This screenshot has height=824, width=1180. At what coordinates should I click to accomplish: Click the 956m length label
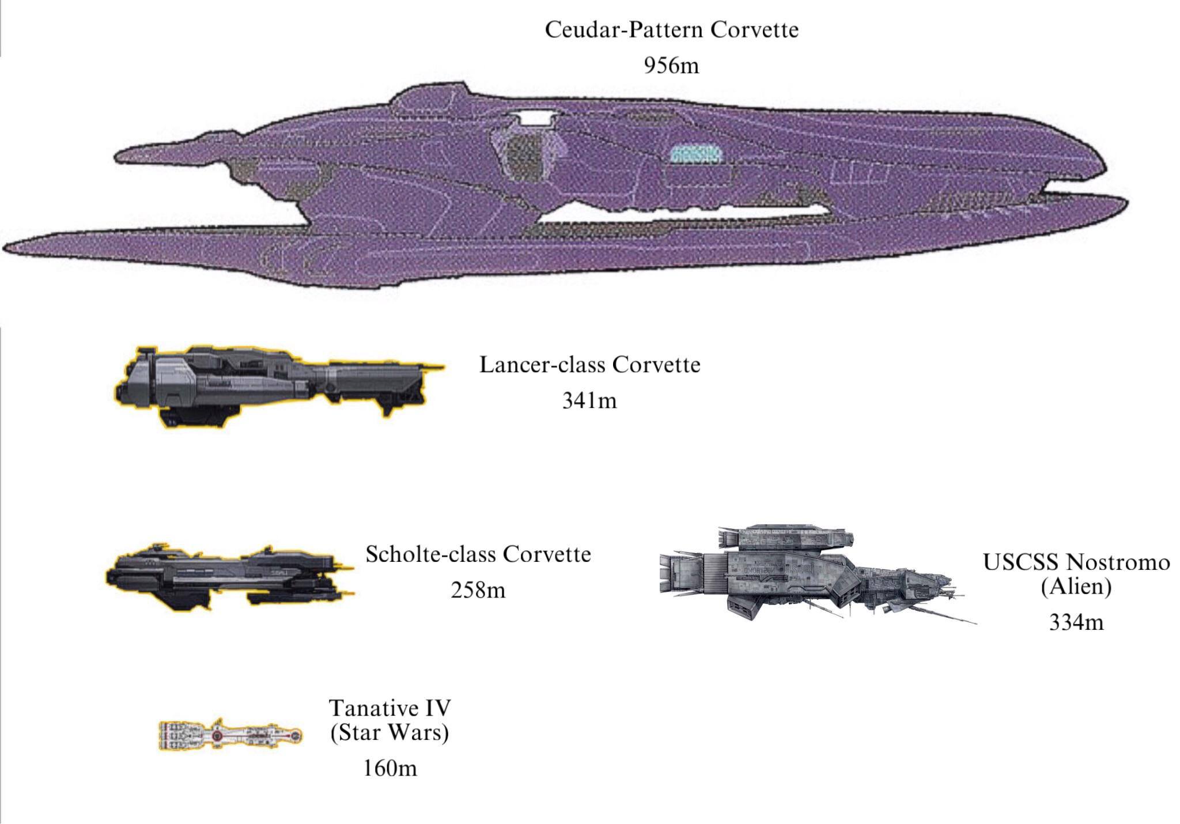click(671, 66)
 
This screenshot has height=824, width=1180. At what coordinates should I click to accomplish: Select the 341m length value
click(589, 400)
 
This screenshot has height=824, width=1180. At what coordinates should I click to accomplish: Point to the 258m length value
click(478, 591)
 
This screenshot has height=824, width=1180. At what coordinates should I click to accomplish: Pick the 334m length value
click(1076, 622)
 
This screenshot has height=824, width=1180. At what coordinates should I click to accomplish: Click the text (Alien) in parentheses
click(1076, 587)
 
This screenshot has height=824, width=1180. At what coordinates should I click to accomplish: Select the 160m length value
click(389, 768)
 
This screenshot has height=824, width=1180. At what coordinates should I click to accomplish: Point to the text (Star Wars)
click(389, 732)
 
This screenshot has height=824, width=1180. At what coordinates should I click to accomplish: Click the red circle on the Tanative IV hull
click(217, 736)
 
